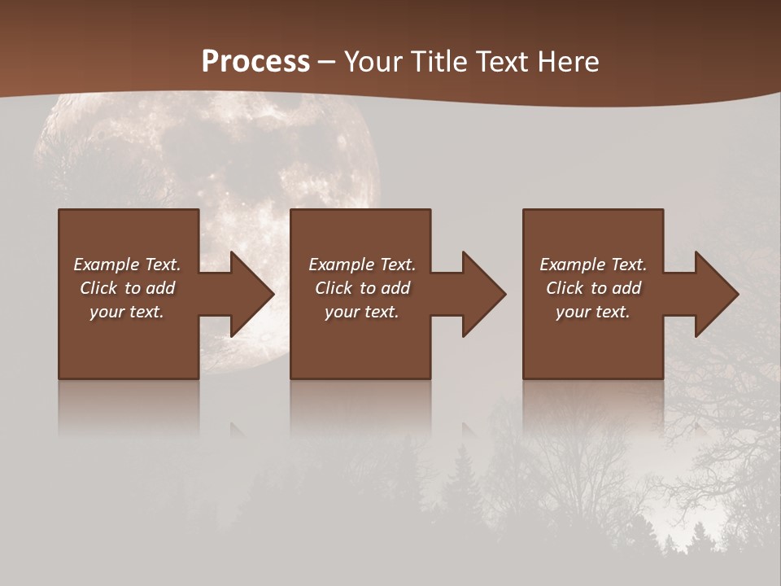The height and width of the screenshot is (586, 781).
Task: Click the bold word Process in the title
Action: click(255, 62)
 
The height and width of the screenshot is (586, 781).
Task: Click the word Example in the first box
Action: click(107, 265)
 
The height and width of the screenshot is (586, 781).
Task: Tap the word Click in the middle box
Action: click(334, 288)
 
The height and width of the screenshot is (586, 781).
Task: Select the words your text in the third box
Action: click(592, 312)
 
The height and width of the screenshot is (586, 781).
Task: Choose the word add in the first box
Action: click(161, 288)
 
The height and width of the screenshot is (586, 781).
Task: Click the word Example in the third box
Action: click(574, 265)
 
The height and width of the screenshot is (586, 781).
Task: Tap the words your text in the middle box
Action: click(361, 312)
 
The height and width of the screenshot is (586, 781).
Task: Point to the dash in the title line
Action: click(327, 62)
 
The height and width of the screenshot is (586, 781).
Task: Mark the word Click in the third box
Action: click(565, 288)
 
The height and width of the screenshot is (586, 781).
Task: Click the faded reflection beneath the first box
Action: click(128, 407)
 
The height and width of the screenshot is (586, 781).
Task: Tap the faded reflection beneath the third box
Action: click(592, 407)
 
